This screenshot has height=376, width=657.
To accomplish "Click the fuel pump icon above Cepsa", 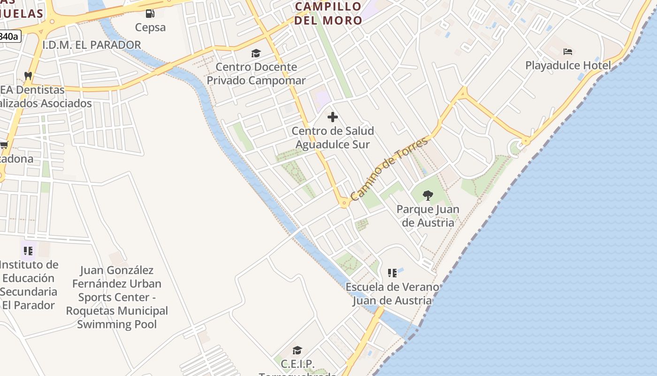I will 150,14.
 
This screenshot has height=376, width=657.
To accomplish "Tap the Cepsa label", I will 150,27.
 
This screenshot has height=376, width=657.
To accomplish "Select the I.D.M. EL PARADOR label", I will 92,45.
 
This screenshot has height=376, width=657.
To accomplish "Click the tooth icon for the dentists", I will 28,75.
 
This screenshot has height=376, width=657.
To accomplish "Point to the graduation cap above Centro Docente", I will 256,53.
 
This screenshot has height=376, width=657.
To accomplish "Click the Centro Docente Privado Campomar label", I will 256,74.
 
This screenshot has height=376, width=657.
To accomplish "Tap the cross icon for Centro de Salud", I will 333,117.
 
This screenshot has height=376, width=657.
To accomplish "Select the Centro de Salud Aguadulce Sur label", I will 333,138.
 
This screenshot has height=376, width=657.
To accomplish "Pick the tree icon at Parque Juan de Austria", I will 428,195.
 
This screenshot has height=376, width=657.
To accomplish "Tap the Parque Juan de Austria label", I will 428,216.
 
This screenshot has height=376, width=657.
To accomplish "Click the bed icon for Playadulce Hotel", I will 568,51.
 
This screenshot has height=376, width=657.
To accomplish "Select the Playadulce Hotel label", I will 568,65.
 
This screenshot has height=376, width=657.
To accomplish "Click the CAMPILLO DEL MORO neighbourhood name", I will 328,13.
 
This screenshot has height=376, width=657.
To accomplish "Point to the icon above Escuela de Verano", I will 392,273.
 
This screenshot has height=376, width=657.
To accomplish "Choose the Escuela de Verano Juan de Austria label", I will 392,294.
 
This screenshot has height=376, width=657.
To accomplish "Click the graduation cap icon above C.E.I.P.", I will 297,350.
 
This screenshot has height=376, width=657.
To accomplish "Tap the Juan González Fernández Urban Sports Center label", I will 117,297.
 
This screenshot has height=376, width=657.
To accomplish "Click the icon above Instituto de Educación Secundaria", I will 28,251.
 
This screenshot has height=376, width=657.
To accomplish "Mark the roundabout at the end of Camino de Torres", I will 344,204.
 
